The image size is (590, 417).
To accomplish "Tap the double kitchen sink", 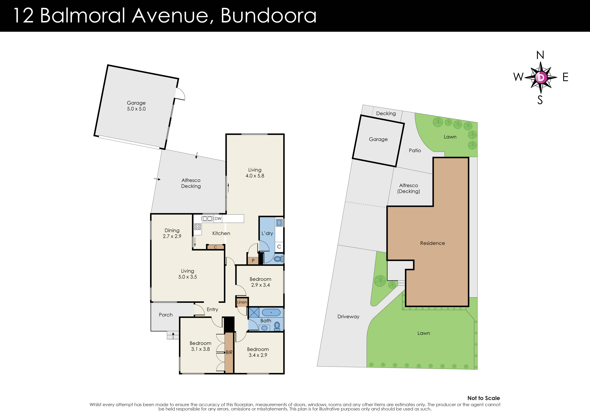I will pos(207,218).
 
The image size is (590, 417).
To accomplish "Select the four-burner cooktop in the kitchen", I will pos(197,226).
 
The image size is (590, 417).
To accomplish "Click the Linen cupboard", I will pos(242,302).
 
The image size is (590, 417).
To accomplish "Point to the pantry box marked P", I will pos(253,260).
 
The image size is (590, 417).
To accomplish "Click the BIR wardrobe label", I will pos(229,352).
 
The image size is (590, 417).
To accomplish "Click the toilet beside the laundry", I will pos(278,259).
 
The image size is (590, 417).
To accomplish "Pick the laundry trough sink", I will pos(279,223).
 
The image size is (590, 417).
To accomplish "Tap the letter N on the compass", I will pos(540,55).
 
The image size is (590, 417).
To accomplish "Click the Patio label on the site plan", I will pos(415,150).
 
